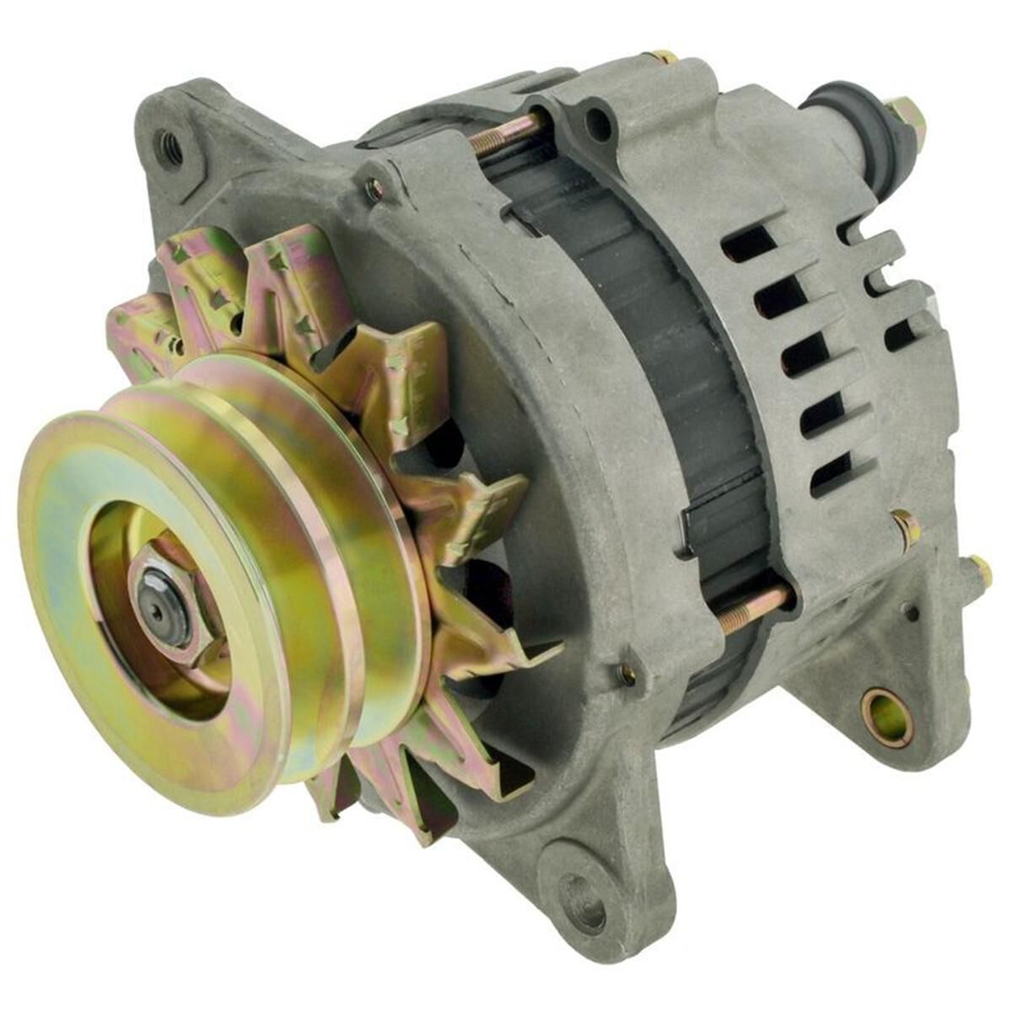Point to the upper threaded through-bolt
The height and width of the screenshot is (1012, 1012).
pos(506,133)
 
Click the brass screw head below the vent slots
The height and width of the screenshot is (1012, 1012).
pos(906,528)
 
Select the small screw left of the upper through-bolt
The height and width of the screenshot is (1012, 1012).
pos(372,190)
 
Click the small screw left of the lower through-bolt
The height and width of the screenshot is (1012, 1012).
pos(627,672)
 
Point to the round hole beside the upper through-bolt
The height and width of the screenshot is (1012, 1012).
pos(599,123)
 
